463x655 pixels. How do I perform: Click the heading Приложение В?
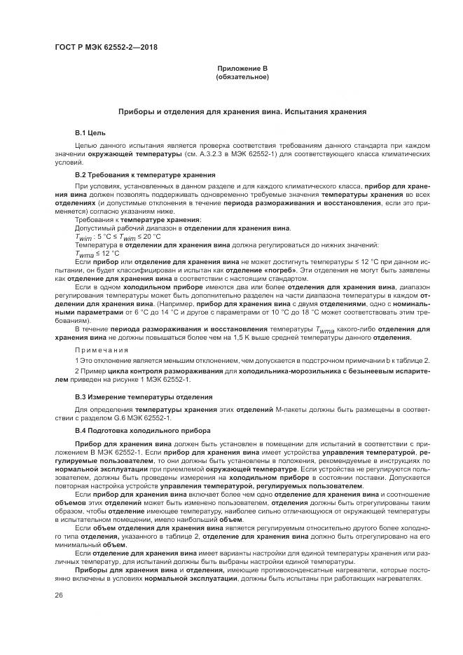tap(242, 69)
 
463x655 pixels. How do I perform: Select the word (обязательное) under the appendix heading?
tap(242, 76)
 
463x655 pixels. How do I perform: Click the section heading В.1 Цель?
tap(90, 132)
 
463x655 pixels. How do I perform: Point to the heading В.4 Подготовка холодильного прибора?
tap(137, 429)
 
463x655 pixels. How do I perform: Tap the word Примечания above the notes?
tap(103, 349)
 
